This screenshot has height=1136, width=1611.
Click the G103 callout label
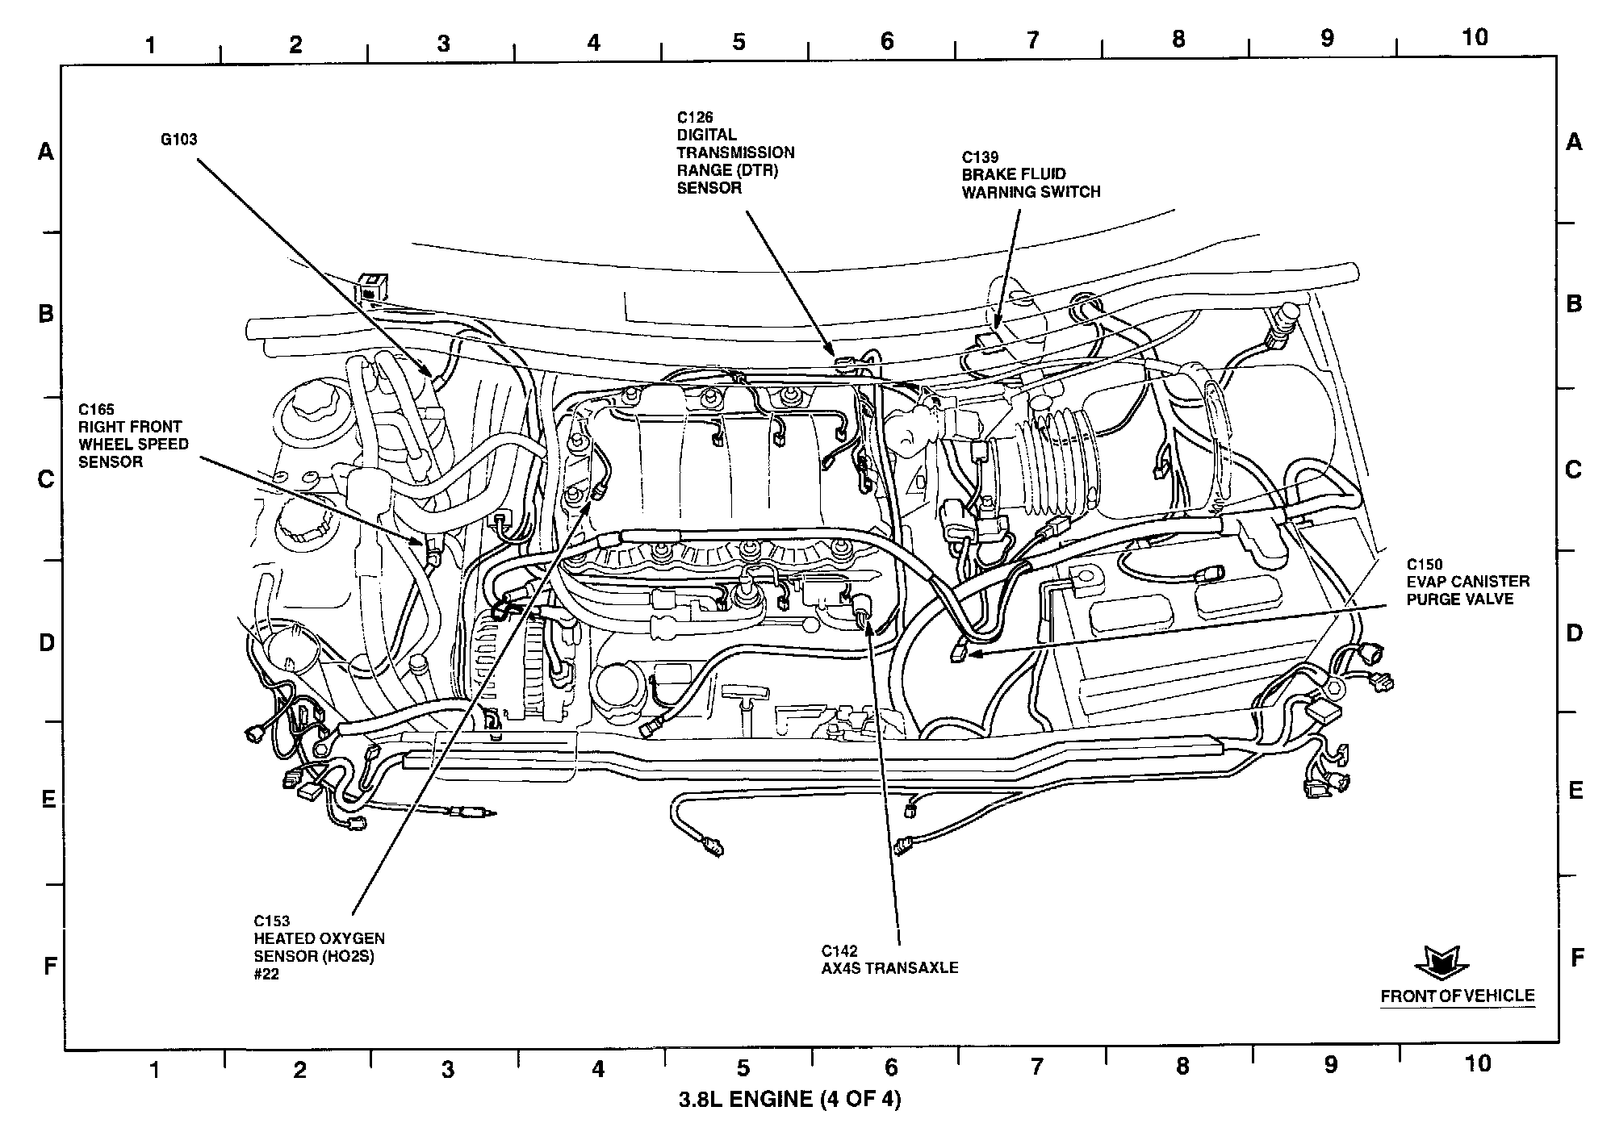[x=178, y=140]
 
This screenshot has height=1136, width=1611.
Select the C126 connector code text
[x=695, y=118]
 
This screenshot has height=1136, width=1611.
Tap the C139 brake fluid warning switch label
[x=1030, y=175]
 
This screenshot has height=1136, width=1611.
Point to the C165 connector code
[x=96, y=409]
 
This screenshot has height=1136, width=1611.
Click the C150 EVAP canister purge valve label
[x=1467, y=582]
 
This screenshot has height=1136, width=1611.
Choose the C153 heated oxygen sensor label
[x=319, y=947]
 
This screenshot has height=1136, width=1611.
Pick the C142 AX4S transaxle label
[x=889, y=959]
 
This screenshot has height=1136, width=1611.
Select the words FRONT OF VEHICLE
[x=1457, y=996]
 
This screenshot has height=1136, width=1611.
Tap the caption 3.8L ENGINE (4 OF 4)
[x=789, y=1099]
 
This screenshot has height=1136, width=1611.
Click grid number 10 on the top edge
[x=1475, y=37]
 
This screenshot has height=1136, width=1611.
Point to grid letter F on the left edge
[x=49, y=965]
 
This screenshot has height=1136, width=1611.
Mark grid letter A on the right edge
[x=1573, y=143]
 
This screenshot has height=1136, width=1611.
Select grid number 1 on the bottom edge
[x=154, y=1070]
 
